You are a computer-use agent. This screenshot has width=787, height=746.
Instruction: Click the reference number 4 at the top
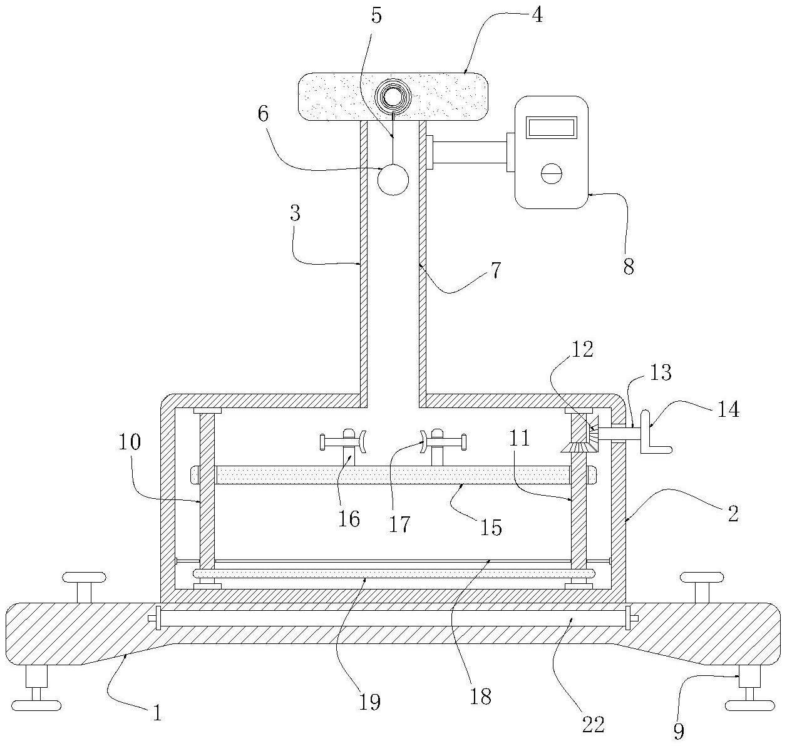click(x=537, y=14)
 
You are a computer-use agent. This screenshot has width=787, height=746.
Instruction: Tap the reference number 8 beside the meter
click(x=629, y=267)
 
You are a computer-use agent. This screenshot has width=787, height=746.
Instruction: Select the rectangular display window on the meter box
click(x=552, y=128)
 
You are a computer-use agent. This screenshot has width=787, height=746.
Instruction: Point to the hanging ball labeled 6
click(x=393, y=180)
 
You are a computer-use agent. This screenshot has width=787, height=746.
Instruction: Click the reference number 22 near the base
click(x=594, y=725)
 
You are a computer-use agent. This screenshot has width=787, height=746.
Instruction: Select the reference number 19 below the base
click(x=370, y=702)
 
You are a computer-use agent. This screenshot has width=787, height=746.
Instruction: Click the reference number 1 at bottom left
click(x=157, y=713)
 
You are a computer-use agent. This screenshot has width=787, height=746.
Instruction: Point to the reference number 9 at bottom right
click(x=678, y=730)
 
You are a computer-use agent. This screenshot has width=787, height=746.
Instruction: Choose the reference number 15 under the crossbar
click(x=492, y=527)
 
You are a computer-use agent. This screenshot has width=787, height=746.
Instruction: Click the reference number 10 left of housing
click(x=128, y=442)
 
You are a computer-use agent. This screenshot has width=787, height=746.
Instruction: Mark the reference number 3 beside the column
click(x=295, y=214)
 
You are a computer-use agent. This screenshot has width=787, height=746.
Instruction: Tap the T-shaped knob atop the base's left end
click(x=84, y=585)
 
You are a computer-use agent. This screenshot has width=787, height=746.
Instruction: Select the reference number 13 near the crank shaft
click(x=661, y=372)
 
